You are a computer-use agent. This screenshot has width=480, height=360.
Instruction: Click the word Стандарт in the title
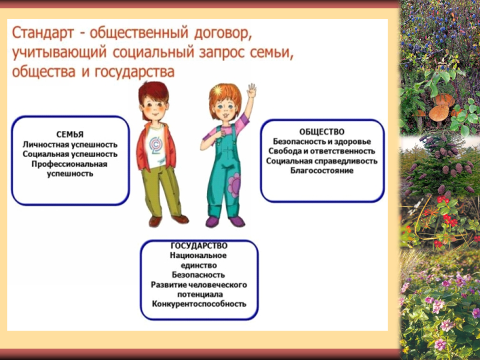pos(43,33)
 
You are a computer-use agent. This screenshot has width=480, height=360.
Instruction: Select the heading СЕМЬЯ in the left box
pos(70,134)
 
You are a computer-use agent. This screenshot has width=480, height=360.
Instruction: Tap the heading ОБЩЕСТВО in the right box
pos(322,131)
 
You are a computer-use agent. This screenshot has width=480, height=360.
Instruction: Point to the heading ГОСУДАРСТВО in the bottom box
pos(199,246)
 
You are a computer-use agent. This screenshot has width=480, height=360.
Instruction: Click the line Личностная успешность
pos(70,144)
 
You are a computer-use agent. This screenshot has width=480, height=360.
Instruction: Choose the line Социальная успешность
pos(70,154)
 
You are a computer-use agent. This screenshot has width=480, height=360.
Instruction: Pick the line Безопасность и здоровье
pos(322,142)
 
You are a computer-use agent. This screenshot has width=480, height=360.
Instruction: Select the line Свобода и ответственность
pos(322,151)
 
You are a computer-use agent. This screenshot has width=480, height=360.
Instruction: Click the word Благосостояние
pos(322,170)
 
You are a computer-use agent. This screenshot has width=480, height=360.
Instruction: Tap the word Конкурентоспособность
pos(199,304)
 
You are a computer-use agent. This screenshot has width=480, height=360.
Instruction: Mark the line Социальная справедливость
pos(322,161)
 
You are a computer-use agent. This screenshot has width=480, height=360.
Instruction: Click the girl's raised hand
pos(251,91)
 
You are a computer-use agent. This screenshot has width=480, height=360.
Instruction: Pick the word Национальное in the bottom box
pos(199,256)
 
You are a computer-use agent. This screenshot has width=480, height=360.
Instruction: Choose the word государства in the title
pos(134,72)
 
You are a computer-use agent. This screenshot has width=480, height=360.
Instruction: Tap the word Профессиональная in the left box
pos(70,164)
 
